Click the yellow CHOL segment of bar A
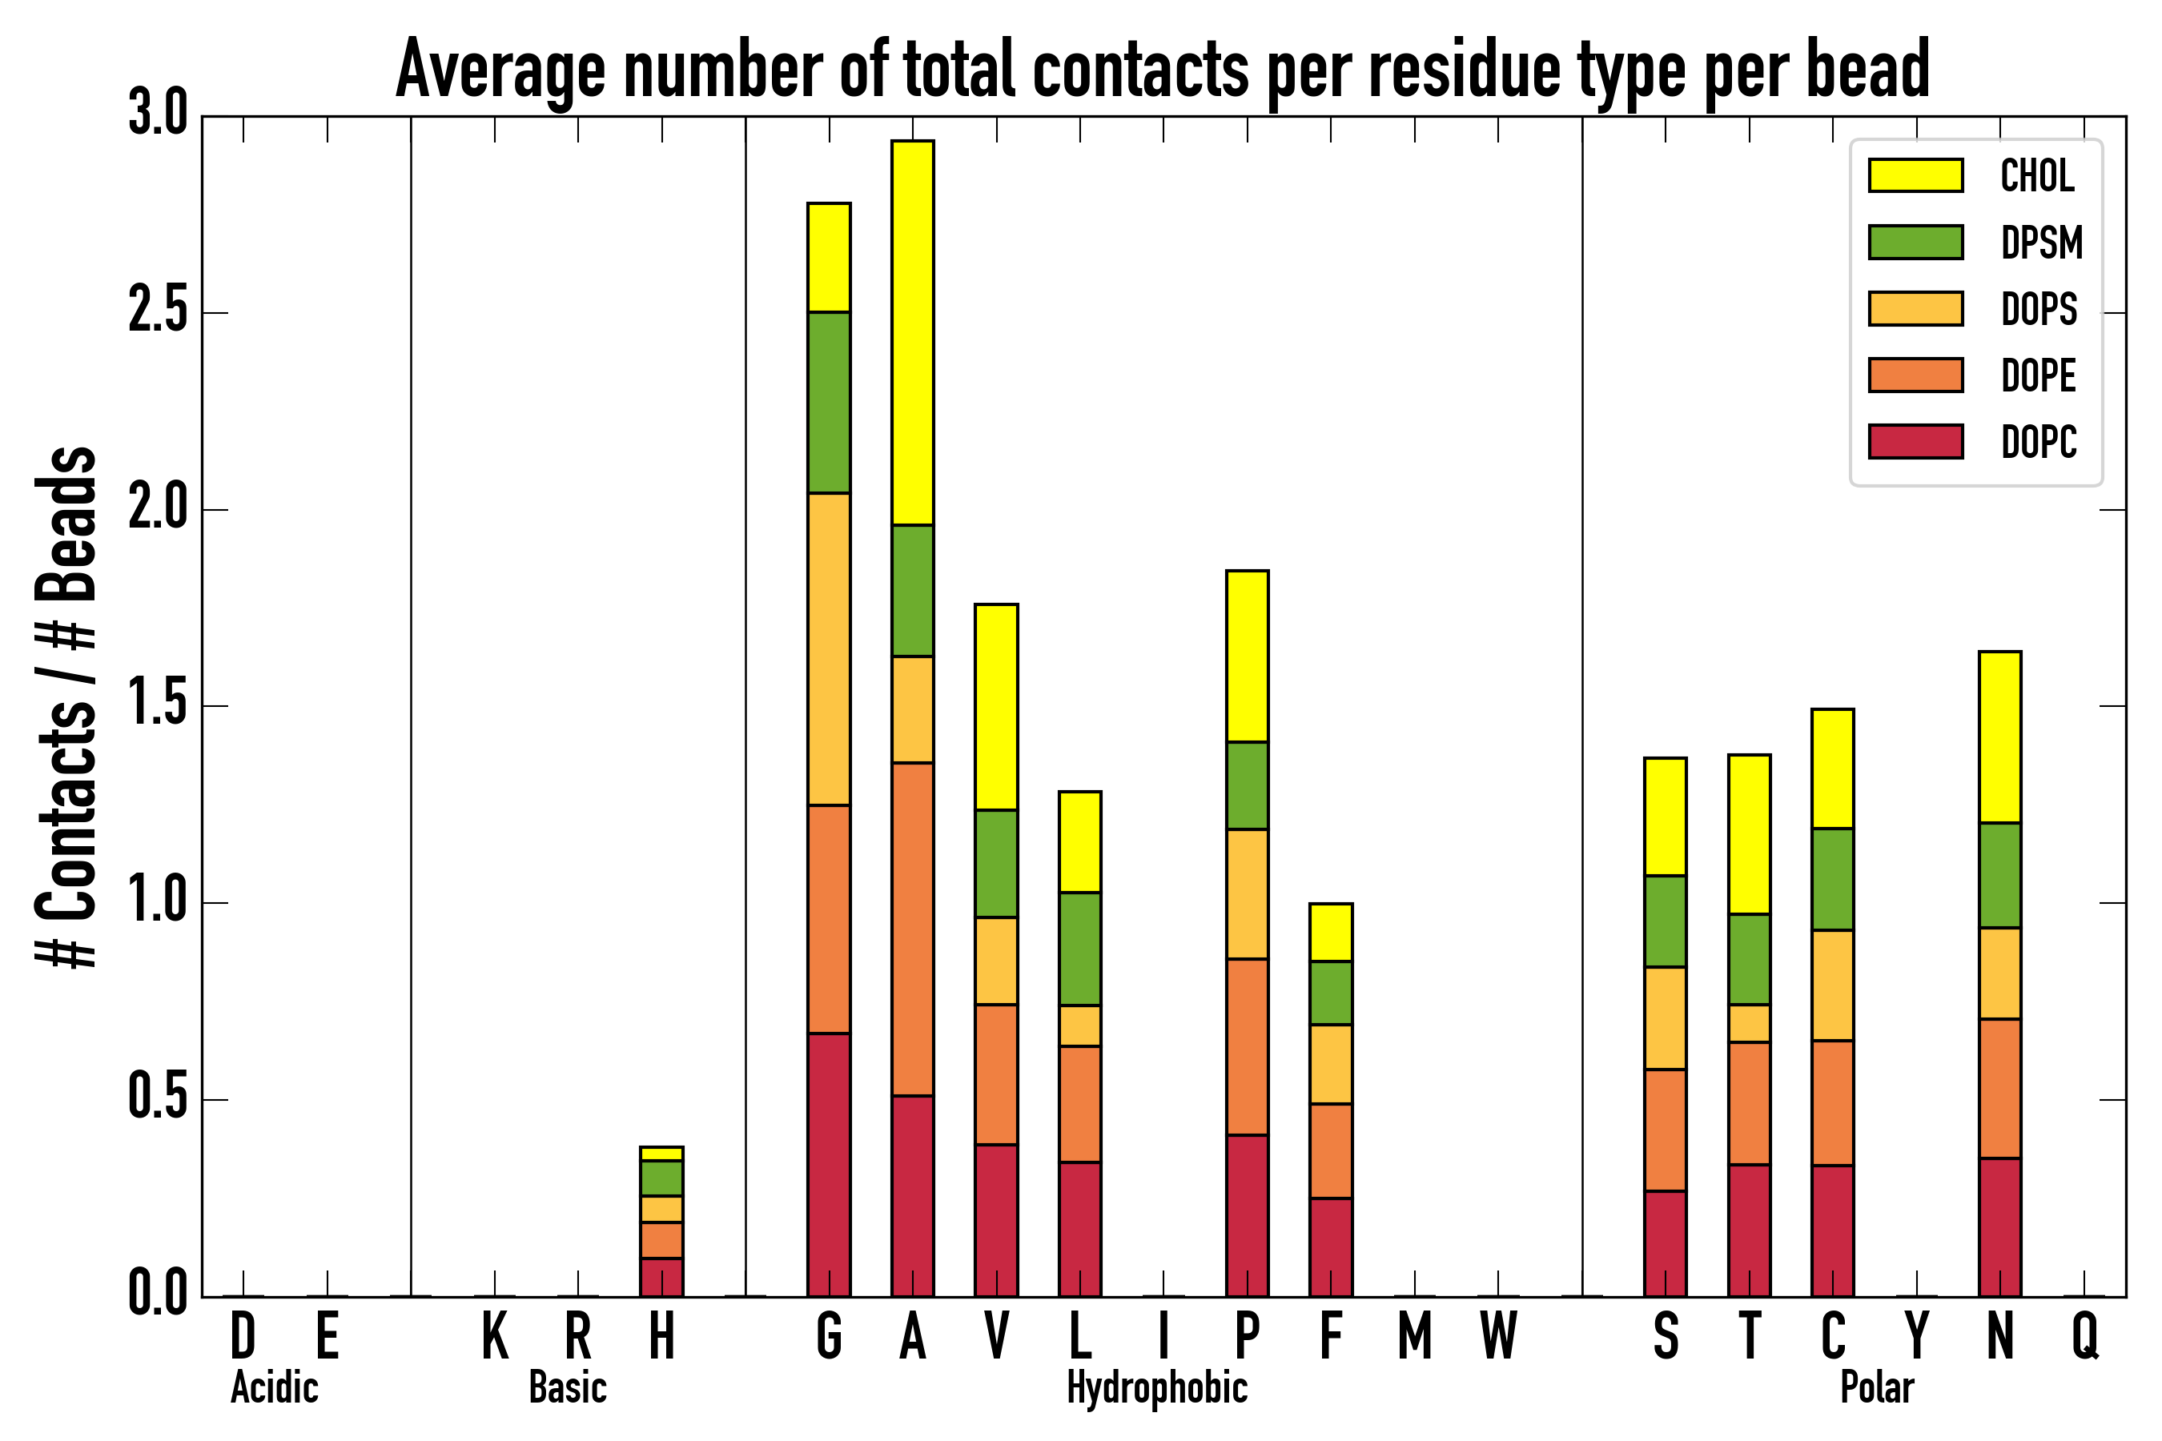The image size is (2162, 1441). [x=912, y=333]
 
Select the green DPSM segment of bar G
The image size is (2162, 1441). [x=828, y=403]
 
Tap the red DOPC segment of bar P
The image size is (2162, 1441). [x=1247, y=1215]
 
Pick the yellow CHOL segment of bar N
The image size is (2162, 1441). [x=1999, y=737]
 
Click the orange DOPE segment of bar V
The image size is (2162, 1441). [x=995, y=1074]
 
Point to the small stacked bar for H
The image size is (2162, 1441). [x=661, y=1222]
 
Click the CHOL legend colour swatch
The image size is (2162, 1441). [x=1915, y=175]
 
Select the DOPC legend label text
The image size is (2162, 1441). [x=2038, y=442]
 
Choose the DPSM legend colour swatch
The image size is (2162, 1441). [x=1915, y=243]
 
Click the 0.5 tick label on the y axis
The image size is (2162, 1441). [x=157, y=1098]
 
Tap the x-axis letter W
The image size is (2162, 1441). [x=1497, y=1336]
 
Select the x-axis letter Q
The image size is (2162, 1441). [x=2084, y=1336]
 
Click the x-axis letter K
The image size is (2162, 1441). [x=495, y=1336]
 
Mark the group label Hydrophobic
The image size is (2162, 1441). [x=1156, y=1387]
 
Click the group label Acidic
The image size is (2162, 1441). [x=274, y=1387]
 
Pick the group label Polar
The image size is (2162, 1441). [x=1876, y=1387]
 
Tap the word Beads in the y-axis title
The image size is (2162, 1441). [x=66, y=524]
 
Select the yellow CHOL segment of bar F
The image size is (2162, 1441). [x=1330, y=933]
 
